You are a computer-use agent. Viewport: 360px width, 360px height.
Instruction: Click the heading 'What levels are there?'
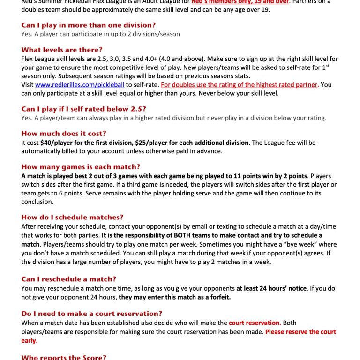tap(62, 50)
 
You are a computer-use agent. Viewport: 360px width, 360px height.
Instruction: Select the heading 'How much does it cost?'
tap(64, 133)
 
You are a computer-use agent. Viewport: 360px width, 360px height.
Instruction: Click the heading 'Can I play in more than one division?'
tap(89, 25)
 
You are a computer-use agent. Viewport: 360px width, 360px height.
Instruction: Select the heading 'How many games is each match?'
tap(81, 167)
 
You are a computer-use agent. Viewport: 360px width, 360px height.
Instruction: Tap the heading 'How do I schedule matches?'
tap(72, 217)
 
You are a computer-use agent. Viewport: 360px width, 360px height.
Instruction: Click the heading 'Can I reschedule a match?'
tap(69, 279)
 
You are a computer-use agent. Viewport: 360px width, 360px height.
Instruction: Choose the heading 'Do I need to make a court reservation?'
tap(92, 314)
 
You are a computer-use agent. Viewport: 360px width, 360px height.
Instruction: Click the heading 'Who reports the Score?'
tap(64, 357)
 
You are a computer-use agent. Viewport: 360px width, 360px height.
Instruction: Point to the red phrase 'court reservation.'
tap(255, 323)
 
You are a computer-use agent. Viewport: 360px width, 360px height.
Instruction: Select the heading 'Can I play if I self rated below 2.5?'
tap(84, 109)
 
